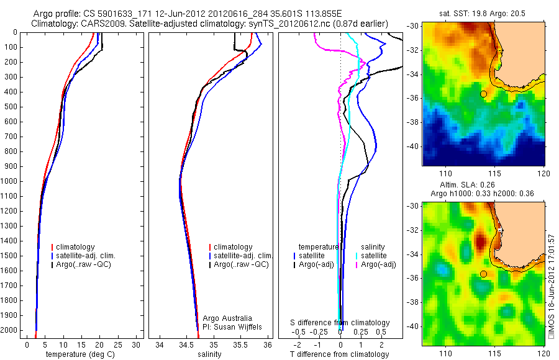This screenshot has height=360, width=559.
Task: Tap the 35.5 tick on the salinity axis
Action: coord(242,344)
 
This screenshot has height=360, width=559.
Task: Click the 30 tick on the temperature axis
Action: coord(136,344)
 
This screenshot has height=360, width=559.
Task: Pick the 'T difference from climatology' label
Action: coord(340,354)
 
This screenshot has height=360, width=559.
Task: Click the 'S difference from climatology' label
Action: coord(340,323)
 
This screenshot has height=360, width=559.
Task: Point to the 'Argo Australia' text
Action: coord(229,318)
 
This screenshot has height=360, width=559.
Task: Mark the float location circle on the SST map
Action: coord(483,94)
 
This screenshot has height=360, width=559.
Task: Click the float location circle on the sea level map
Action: coord(483,274)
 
